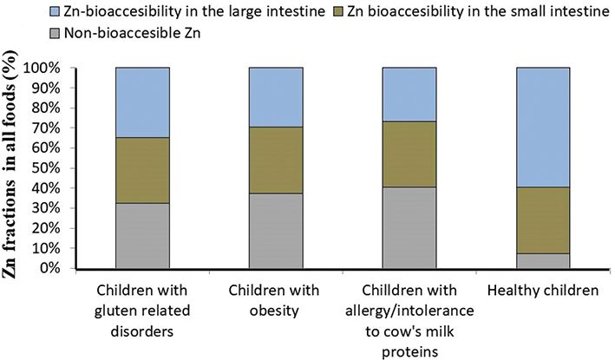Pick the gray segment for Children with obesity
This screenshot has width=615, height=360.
click(x=275, y=231)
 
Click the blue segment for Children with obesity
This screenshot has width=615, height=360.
click(x=275, y=97)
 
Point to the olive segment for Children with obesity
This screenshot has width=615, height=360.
click(x=275, y=160)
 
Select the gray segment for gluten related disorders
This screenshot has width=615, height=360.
click(x=141, y=235)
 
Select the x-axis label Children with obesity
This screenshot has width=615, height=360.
click(x=275, y=300)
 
